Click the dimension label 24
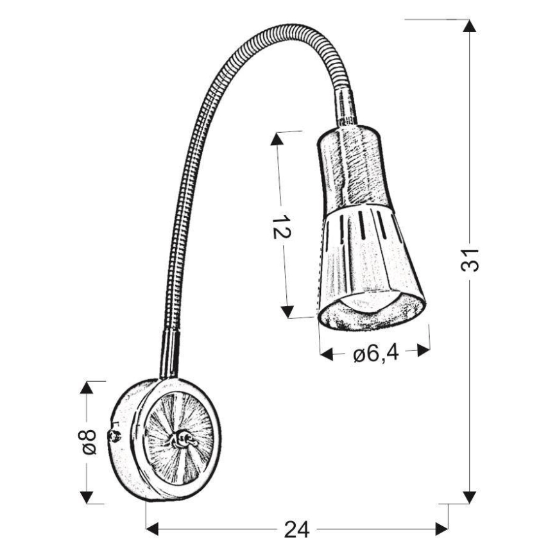point(296,529)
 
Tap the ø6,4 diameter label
point(375,352)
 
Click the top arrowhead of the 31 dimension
point(470,27)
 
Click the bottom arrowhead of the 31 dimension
point(470,497)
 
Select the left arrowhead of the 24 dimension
point(153,529)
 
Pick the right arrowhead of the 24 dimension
point(441,529)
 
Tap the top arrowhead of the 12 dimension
point(277,139)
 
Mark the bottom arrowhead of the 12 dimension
point(288,313)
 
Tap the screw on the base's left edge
point(116,437)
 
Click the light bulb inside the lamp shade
point(371,300)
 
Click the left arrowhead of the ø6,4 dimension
point(327,352)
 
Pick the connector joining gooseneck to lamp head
point(345,109)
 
